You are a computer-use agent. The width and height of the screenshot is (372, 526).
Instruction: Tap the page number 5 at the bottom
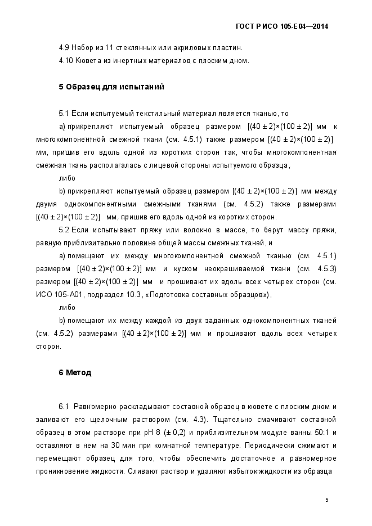[327, 499]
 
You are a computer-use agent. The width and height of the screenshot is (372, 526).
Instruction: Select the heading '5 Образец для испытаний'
[111, 87]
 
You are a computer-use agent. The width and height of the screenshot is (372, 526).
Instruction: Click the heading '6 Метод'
[75, 372]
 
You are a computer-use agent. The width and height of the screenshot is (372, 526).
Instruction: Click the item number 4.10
[65, 60]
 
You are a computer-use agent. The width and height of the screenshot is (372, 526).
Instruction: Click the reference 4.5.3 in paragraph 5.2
[326, 269]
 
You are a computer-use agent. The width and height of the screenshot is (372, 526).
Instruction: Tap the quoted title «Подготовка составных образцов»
[208, 294]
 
